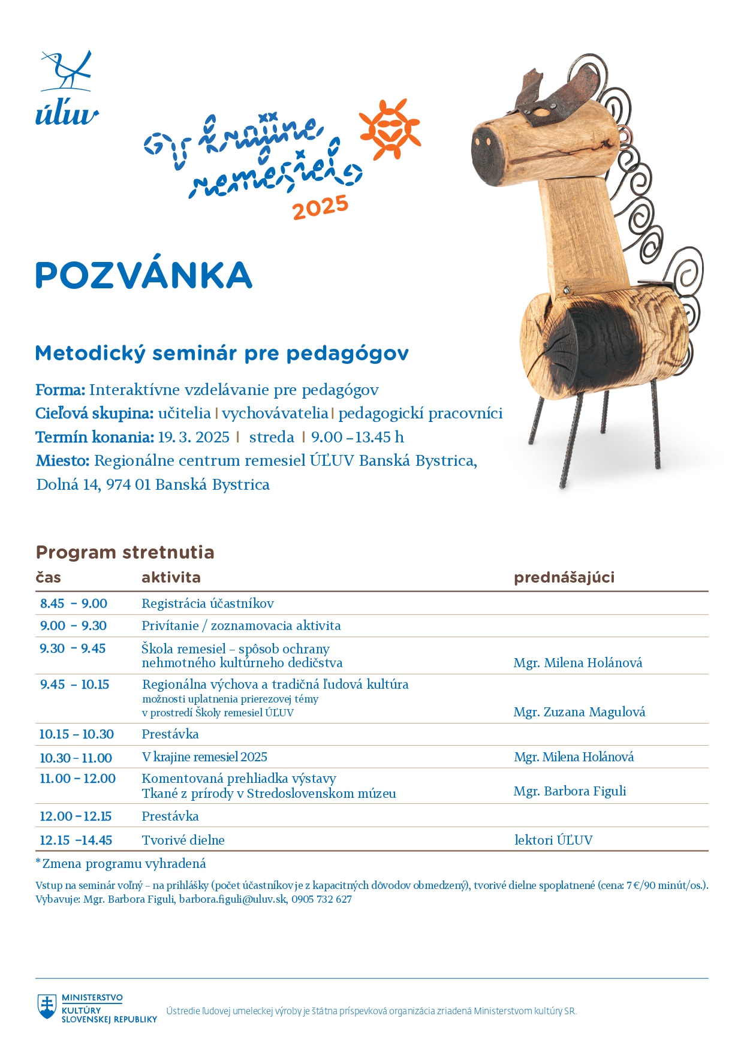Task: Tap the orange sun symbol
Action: click(x=390, y=129)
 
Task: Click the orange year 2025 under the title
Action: click(x=320, y=207)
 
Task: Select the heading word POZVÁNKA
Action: click(x=144, y=275)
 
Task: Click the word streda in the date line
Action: click(x=272, y=437)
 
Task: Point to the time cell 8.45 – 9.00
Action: click(x=74, y=604)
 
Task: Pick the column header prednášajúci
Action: click(x=564, y=577)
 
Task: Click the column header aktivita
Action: click(x=171, y=577)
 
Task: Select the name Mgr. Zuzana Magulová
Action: click(x=579, y=712)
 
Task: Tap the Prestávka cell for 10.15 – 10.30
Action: click(x=170, y=734)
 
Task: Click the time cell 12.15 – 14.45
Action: click(x=76, y=840)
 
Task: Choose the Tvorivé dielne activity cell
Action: click(x=183, y=840)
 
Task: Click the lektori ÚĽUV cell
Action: click(x=553, y=840)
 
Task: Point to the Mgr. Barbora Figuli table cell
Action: click(x=570, y=791)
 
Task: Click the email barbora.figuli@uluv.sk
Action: click(x=233, y=899)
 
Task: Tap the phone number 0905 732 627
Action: click(x=322, y=899)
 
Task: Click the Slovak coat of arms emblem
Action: click(x=47, y=1006)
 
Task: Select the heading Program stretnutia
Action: click(x=125, y=552)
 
